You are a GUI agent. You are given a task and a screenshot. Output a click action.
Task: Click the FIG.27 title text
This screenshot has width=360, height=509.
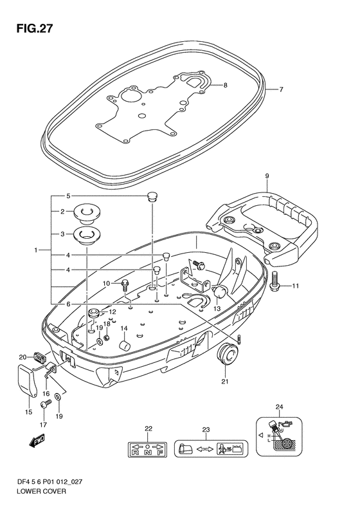(x=34, y=29)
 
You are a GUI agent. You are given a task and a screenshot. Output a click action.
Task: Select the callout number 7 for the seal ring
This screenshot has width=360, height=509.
(x=281, y=89)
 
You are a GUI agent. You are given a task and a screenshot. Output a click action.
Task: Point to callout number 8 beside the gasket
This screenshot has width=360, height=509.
(x=225, y=86)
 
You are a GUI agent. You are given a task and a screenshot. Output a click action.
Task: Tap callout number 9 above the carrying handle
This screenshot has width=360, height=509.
(x=267, y=176)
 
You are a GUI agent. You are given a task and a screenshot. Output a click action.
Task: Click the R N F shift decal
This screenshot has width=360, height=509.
(x=147, y=449)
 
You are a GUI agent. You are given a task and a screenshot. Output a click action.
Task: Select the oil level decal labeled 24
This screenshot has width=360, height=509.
(x=279, y=437)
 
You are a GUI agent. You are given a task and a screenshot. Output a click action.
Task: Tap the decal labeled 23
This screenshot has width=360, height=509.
(x=211, y=449)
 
